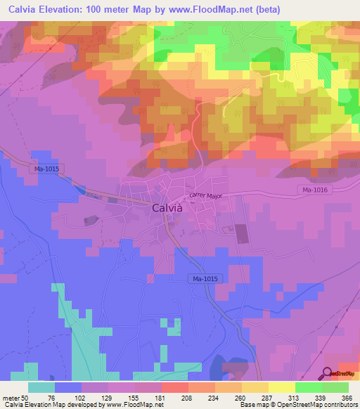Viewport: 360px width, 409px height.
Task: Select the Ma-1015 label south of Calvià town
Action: point(205,279)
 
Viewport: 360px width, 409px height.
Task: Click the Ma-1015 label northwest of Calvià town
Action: point(46,169)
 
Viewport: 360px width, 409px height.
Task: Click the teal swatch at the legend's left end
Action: point(41,388)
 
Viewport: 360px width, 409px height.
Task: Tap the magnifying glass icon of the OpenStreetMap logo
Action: point(327,374)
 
